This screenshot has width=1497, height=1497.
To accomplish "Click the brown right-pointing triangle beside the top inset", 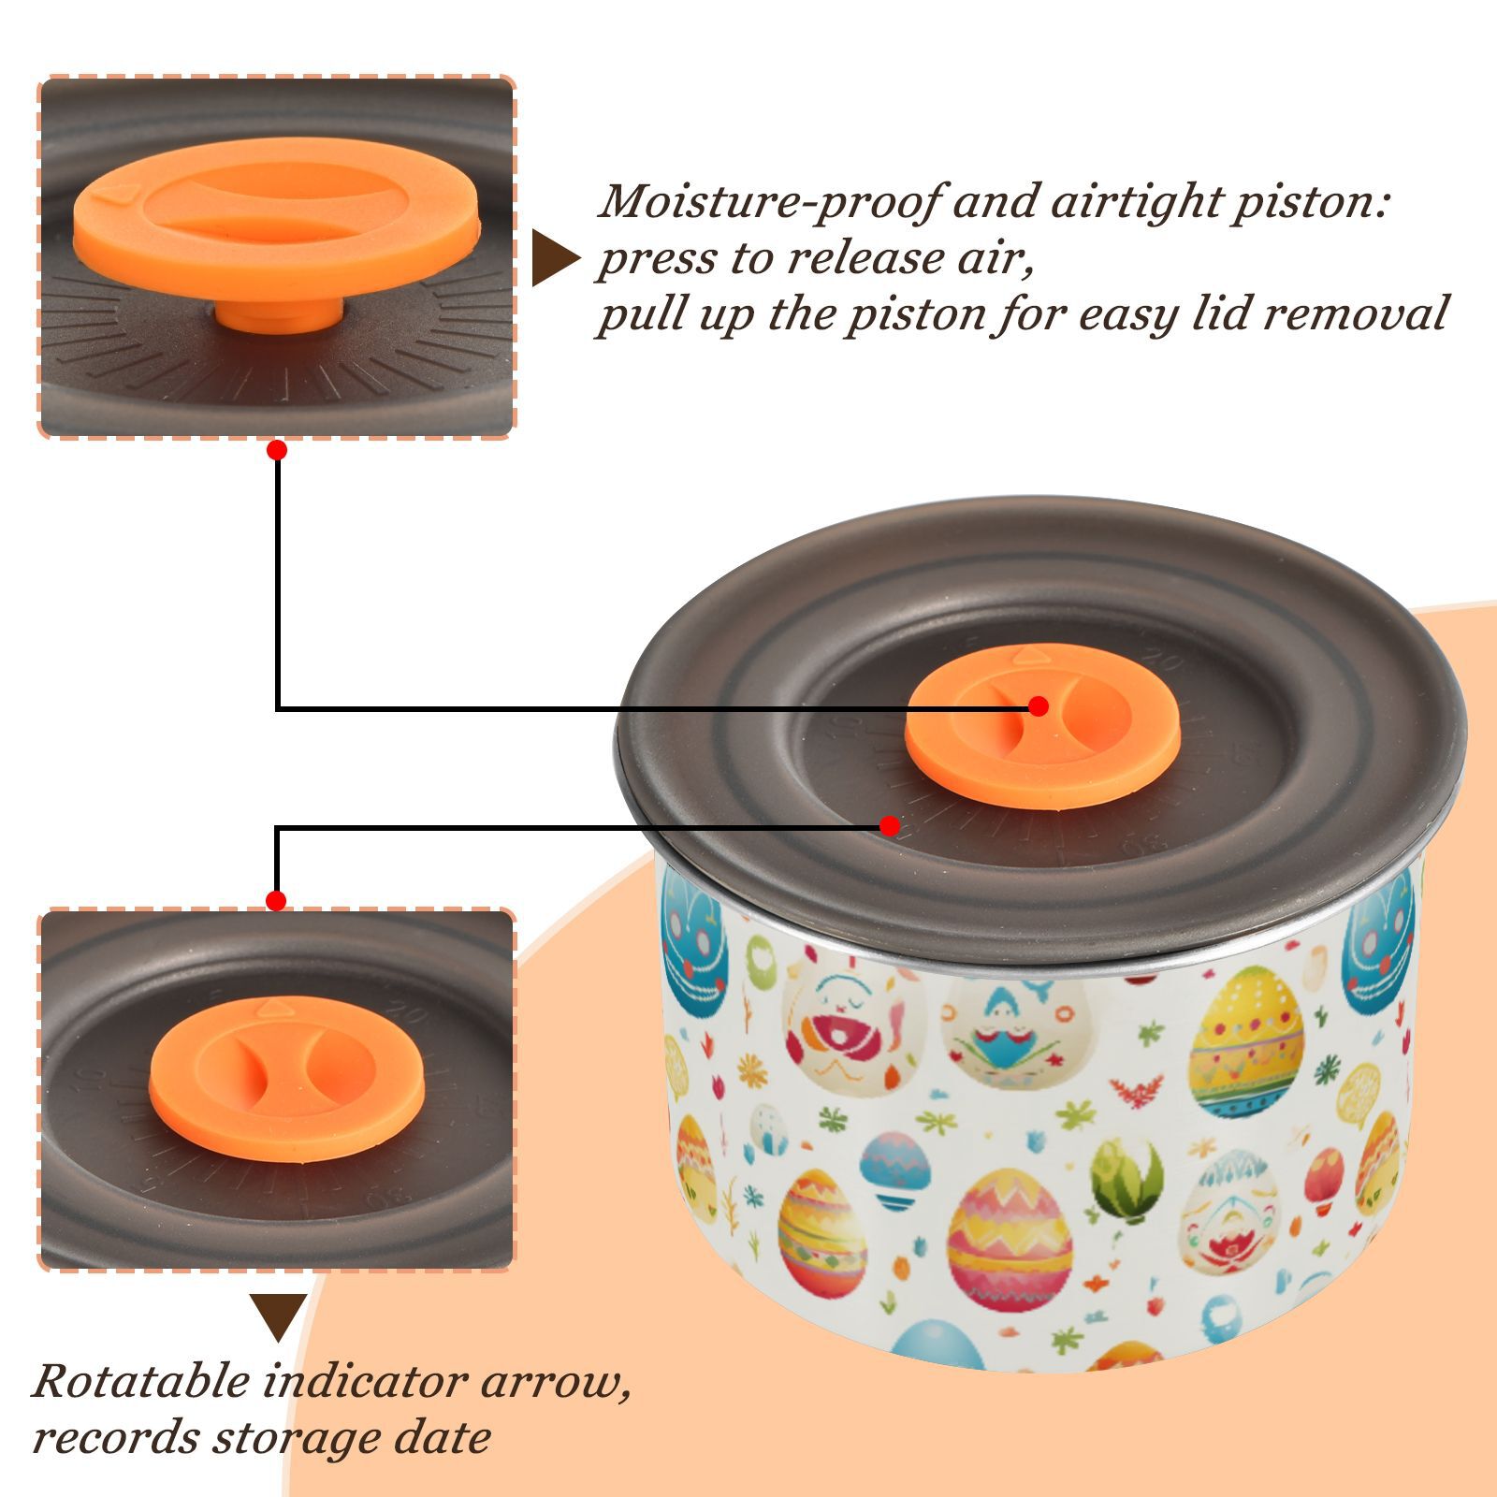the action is [556, 258].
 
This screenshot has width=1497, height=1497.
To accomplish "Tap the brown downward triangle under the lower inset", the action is [278, 1317].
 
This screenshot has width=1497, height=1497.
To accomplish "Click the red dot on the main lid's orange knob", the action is [1038, 706].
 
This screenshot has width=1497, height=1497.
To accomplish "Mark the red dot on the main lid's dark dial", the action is [890, 826].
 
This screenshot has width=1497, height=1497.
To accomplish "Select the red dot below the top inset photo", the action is [276, 450].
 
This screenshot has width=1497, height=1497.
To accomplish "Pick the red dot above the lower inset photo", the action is [276, 901].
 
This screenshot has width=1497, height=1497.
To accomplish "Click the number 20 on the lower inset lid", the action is [405, 1012].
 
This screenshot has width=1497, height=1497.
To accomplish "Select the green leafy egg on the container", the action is [1129, 1180].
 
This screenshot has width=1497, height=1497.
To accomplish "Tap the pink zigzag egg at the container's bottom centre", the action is [1008, 1240].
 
